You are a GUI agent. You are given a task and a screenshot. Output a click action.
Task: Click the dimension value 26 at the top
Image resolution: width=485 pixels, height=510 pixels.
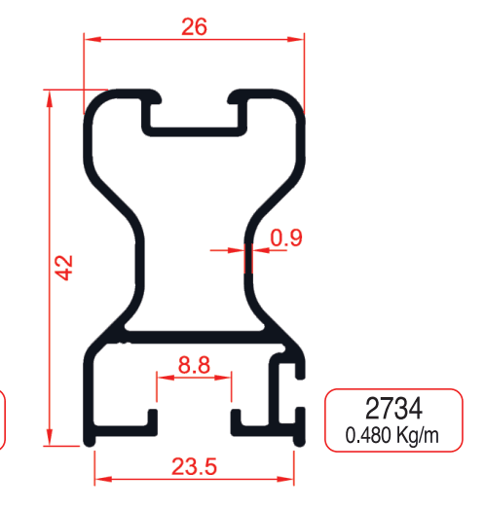[x=194, y=27]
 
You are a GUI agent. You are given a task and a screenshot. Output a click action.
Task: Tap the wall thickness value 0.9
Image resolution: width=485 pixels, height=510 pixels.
[x=286, y=237]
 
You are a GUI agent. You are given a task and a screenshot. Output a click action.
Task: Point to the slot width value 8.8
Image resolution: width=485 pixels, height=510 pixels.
[x=194, y=366]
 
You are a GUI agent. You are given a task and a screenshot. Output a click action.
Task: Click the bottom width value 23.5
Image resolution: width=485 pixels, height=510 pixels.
[x=194, y=466]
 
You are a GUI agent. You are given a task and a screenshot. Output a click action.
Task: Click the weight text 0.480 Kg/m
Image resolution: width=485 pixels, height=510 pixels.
[x=392, y=436]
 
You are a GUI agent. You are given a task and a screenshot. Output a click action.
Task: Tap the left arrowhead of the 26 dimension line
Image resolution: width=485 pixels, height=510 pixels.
[x=89, y=40]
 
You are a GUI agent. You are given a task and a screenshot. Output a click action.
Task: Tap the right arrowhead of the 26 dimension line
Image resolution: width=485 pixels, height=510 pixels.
[x=299, y=40]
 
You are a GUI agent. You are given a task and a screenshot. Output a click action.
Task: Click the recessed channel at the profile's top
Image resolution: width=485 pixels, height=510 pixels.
[x=194, y=115]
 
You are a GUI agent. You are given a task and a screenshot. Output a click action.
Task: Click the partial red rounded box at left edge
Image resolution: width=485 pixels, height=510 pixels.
[x=3, y=419]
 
